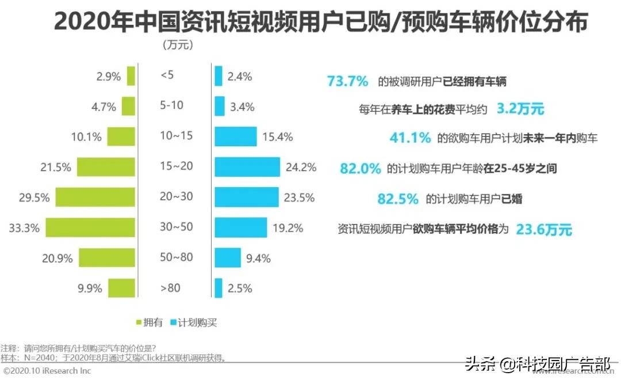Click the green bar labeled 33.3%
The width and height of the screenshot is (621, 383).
point(90,227)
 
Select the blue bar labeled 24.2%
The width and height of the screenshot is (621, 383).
point(247,167)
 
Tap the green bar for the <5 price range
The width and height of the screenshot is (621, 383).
point(131,76)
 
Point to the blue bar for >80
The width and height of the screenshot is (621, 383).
point(218,288)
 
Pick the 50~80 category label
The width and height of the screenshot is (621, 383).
point(176,257)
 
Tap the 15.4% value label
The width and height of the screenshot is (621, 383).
point(277,137)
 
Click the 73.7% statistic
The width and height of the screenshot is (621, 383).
point(347,81)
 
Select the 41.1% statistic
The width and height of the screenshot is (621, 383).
point(410,138)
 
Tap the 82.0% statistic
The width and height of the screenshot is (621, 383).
point(361,169)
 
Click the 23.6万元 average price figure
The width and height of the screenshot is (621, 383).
point(544,229)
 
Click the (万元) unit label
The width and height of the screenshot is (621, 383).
point(178,44)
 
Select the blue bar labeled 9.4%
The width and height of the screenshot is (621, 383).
point(227,257)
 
